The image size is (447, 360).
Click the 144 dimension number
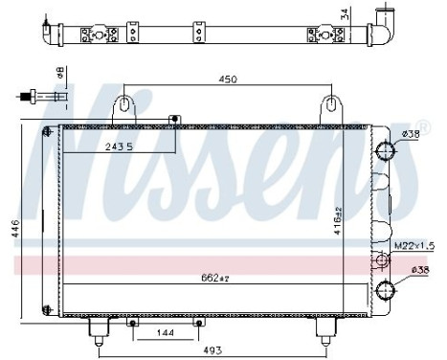click(164, 333)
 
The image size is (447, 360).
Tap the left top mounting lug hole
click(124, 102)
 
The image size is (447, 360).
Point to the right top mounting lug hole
click(331, 102)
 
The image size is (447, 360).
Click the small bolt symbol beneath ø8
click(38, 96)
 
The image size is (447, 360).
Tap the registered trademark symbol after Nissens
click(413, 94)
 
